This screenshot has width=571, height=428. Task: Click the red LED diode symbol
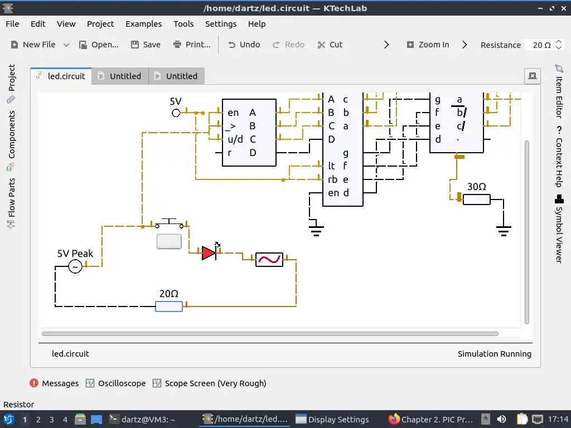point(209,253)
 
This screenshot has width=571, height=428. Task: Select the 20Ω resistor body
point(168,306)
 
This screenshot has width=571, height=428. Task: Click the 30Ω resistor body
point(477,199)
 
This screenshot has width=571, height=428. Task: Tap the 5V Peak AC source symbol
point(75,267)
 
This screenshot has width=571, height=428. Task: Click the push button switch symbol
point(169,225)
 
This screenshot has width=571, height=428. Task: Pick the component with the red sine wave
point(269,260)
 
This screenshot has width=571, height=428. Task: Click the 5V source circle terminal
point(176,113)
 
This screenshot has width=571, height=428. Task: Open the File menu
point(12,24)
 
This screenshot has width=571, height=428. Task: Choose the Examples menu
point(143,24)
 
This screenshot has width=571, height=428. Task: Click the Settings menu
point(221,24)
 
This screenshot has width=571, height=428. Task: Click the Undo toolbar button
point(244,45)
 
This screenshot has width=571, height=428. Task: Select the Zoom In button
point(428,45)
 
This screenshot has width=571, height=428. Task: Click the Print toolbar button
point(192,45)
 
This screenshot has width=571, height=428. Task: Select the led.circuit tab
point(61,76)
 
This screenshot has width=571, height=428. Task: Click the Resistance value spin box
point(541,45)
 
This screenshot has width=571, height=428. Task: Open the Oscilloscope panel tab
point(116,383)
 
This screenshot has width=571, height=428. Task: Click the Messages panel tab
point(55,383)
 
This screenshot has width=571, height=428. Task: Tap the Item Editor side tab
point(559,91)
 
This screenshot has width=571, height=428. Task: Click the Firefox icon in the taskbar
point(395,420)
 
